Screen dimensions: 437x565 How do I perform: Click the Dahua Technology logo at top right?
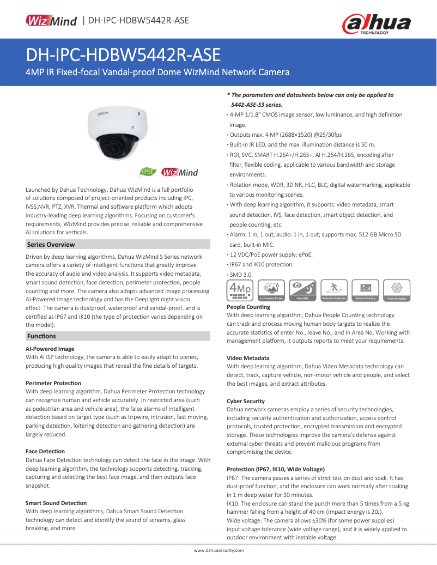(x=376, y=24)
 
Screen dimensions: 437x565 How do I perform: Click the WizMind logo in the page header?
(x=51, y=21)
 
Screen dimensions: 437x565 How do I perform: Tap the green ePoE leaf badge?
(x=147, y=172)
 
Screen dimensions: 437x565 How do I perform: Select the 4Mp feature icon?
(x=240, y=290)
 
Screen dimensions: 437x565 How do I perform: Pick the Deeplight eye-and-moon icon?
(x=302, y=290)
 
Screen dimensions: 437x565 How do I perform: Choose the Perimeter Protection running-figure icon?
(x=334, y=290)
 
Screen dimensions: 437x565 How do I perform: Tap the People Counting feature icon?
(x=365, y=290)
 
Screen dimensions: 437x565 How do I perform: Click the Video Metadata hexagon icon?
(x=397, y=290)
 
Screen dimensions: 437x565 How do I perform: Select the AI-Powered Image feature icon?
(x=271, y=290)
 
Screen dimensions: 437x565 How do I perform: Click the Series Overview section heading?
(x=51, y=244)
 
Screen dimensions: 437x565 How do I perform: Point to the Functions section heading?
(x=41, y=336)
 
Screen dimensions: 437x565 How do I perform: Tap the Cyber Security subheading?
(x=246, y=401)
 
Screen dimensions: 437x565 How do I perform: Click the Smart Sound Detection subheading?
(x=56, y=503)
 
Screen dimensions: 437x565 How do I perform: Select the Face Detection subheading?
(x=45, y=451)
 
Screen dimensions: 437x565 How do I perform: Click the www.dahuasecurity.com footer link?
(x=218, y=550)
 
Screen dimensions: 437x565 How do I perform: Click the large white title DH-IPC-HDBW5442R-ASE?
(x=123, y=55)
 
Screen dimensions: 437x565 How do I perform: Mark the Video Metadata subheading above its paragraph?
(x=248, y=358)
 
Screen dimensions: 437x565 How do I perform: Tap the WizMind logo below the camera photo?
(x=179, y=173)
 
